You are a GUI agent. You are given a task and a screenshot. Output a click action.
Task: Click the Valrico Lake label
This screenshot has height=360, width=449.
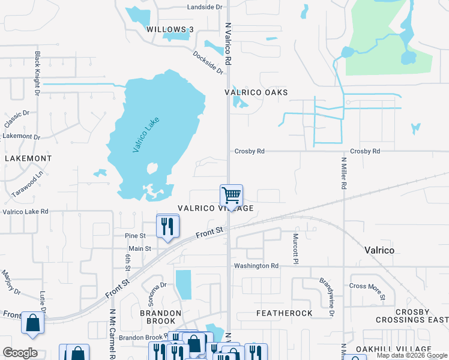pyautogui.click(x=146, y=135)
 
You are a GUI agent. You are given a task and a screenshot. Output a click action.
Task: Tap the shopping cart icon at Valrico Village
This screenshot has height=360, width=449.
pyautogui.click(x=231, y=195)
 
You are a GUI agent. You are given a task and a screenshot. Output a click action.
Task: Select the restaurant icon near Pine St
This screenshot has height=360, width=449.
pyautogui.click(x=167, y=226)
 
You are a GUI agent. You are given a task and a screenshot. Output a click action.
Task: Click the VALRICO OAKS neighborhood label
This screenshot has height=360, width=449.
pyautogui.click(x=256, y=92)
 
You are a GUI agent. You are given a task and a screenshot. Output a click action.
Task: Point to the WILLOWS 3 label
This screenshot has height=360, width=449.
pyautogui.click(x=170, y=29)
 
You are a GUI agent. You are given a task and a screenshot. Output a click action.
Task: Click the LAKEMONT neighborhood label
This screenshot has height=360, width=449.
pyautogui.click(x=28, y=158)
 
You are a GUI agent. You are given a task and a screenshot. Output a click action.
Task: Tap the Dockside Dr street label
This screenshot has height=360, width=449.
pyautogui.click(x=208, y=62)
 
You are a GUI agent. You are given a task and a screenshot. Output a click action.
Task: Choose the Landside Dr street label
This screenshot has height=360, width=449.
pyautogui.click(x=205, y=7)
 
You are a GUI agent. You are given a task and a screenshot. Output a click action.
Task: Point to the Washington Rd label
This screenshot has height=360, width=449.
pyautogui.click(x=256, y=266)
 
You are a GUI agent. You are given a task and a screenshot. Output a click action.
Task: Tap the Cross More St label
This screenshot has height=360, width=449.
pyautogui.click(x=366, y=286)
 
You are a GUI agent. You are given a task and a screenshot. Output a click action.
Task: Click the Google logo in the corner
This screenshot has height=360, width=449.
pyautogui.click(x=20, y=353)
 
